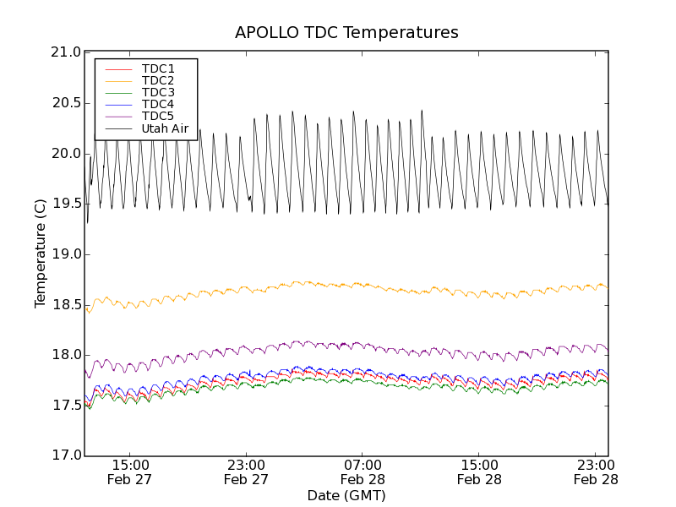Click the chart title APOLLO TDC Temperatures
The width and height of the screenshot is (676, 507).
click(346, 33)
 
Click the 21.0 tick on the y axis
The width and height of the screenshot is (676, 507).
click(66, 52)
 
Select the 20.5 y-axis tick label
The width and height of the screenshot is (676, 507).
click(66, 103)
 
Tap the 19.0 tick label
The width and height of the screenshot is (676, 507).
click(66, 254)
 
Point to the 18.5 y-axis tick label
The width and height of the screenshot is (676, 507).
click(66, 304)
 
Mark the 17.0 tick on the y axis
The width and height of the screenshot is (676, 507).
click(66, 455)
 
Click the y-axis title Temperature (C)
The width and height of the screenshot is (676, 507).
click(41, 253)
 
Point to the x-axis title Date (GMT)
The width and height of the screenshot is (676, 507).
click(346, 495)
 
